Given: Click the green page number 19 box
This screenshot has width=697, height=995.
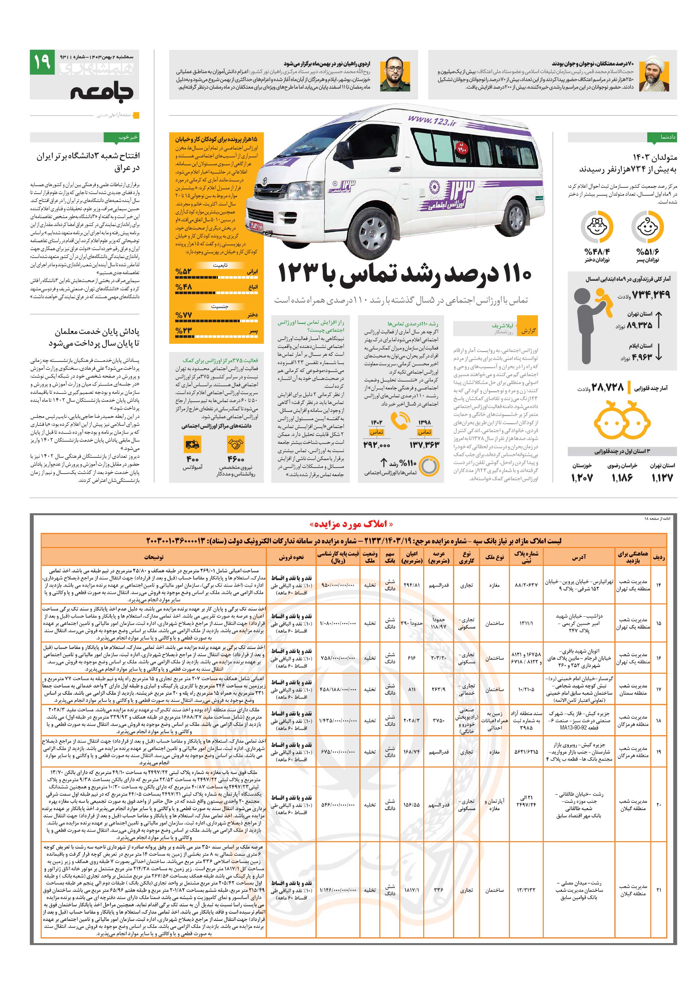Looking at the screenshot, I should [42, 63].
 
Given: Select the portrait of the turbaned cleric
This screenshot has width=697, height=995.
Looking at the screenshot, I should [657, 74].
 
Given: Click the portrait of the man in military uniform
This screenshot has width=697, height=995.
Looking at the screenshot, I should [393, 74].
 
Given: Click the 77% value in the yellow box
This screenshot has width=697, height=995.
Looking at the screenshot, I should [183, 315].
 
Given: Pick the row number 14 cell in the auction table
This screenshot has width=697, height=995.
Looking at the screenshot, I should [658, 585].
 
